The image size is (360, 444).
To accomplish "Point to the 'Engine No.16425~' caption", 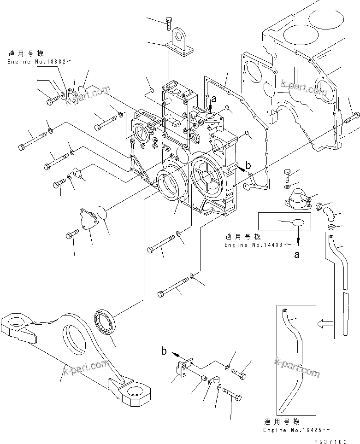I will (296, 429).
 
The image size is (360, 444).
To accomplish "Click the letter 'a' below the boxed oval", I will (297, 254).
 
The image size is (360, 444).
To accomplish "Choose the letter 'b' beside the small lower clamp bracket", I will (164, 351).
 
